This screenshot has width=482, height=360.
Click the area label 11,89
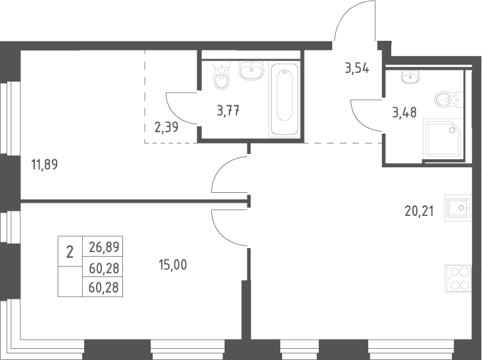coord(45,165)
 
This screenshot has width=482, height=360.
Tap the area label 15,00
coord(173,265)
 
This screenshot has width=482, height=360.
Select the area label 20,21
coord(420,211)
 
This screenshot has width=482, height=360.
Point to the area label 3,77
coord(228,111)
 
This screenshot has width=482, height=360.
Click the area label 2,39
coord(166,127)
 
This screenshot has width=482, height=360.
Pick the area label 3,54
coord(357,68)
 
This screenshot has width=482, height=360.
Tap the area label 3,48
coord(404,113)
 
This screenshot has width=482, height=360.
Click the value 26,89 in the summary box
coord(104,247)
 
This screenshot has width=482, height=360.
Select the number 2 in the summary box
coord(70,253)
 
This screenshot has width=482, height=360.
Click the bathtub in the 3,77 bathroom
coord(284,99)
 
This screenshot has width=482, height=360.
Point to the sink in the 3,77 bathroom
coord(251,70)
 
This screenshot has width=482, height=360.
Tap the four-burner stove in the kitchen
coord(458,278)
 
